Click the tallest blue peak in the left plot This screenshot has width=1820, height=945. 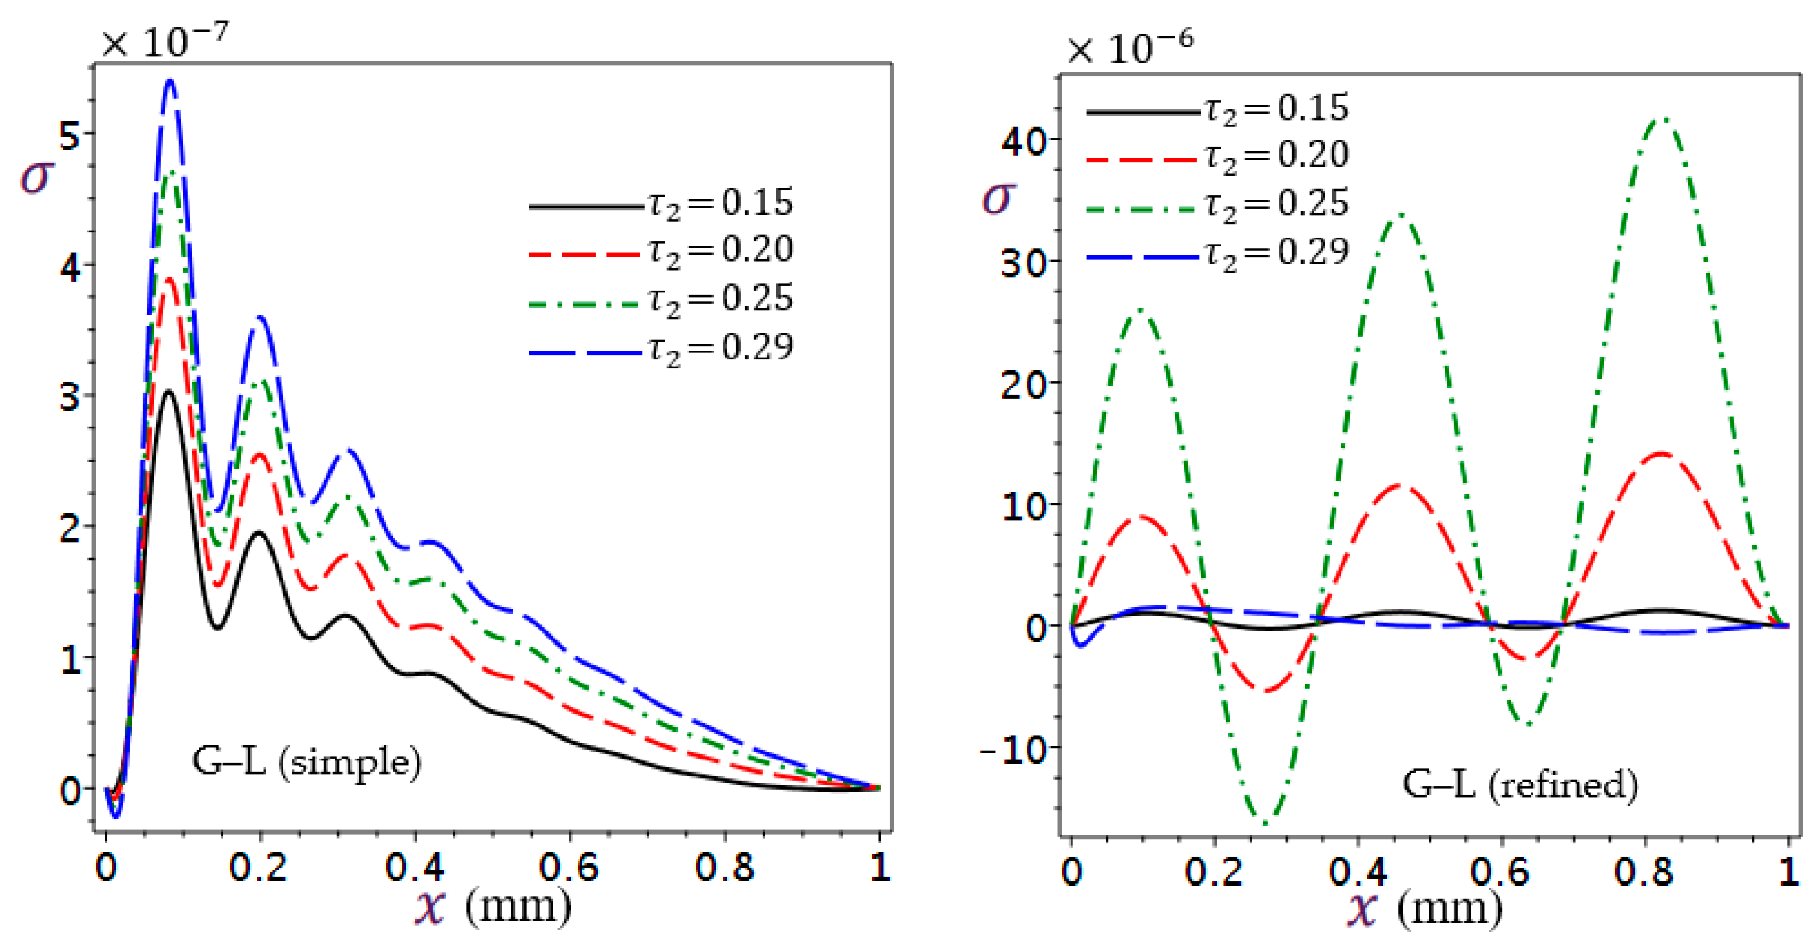click(x=170, y=82)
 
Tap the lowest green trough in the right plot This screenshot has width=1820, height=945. click(x=1265, y=822)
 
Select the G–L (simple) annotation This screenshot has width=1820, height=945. click(x=306, y=762)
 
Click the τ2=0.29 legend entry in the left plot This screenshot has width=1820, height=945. click(x=661, y=349)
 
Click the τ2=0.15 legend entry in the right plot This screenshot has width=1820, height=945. click(x=1217, y=110)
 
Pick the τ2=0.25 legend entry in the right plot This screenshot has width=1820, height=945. click(x=1217, y=205)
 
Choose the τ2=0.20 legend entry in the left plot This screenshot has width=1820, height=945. click(x=661, y=251)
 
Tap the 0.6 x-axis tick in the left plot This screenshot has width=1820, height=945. click(x=569, y=867)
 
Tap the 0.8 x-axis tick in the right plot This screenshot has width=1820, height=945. click(x=1643, y=872)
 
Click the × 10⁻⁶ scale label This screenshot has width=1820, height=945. click(x=1130, y=48)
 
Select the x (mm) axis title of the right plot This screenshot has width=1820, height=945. click(x=1425, y=909)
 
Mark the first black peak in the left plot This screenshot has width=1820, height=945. click(x=168, y=391)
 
